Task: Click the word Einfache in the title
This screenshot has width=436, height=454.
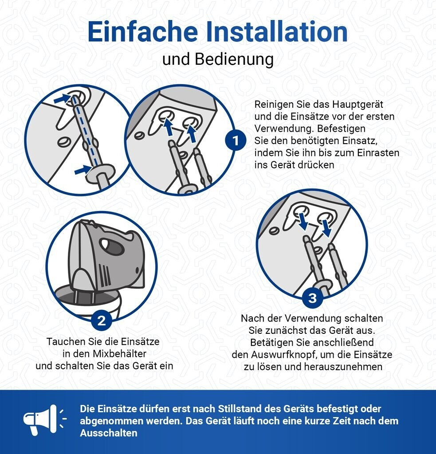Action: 142,31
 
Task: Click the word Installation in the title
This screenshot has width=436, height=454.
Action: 277,31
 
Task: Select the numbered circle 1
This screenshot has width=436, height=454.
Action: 236,141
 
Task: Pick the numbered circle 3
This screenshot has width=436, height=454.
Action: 313,298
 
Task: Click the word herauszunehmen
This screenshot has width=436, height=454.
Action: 343,367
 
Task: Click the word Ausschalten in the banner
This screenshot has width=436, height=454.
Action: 109,433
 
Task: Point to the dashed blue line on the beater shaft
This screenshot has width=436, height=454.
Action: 85,133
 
